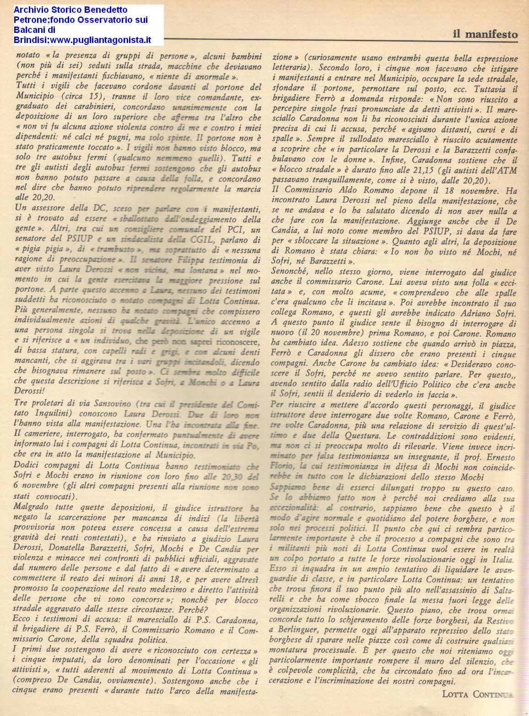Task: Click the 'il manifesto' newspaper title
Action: click(x=485, y=34)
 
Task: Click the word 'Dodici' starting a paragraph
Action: click(x=28, y=465)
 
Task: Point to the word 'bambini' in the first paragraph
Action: click(x=246, y=56)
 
